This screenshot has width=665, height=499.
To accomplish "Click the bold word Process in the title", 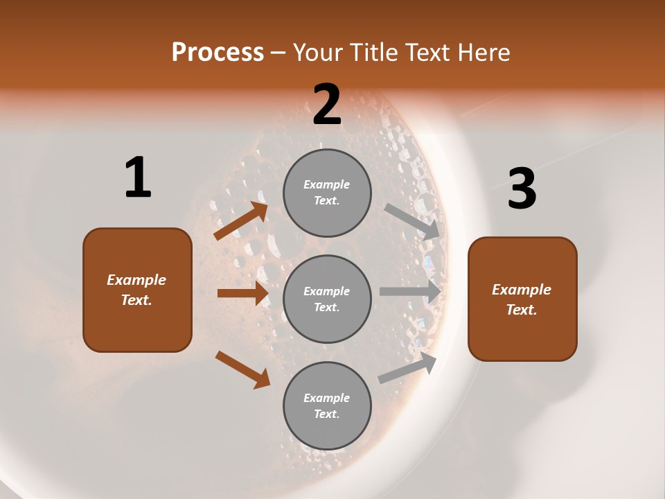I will point(218,53).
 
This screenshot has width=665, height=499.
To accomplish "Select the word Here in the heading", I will point(483,53).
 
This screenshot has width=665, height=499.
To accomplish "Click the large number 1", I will point(138,178).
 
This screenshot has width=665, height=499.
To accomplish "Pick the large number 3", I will point(522,189).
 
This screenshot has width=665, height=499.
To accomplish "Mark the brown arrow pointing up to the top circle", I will point(241,220).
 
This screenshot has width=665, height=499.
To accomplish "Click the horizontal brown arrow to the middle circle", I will point(242,293).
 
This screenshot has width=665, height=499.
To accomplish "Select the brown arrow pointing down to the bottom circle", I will point(242,369).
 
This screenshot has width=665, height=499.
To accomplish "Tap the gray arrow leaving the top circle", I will point(411,221).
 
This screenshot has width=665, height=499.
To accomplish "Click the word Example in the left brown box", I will point(136,280).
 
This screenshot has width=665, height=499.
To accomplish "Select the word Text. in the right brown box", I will point(522,310).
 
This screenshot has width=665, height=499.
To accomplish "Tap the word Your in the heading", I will point(319,53).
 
